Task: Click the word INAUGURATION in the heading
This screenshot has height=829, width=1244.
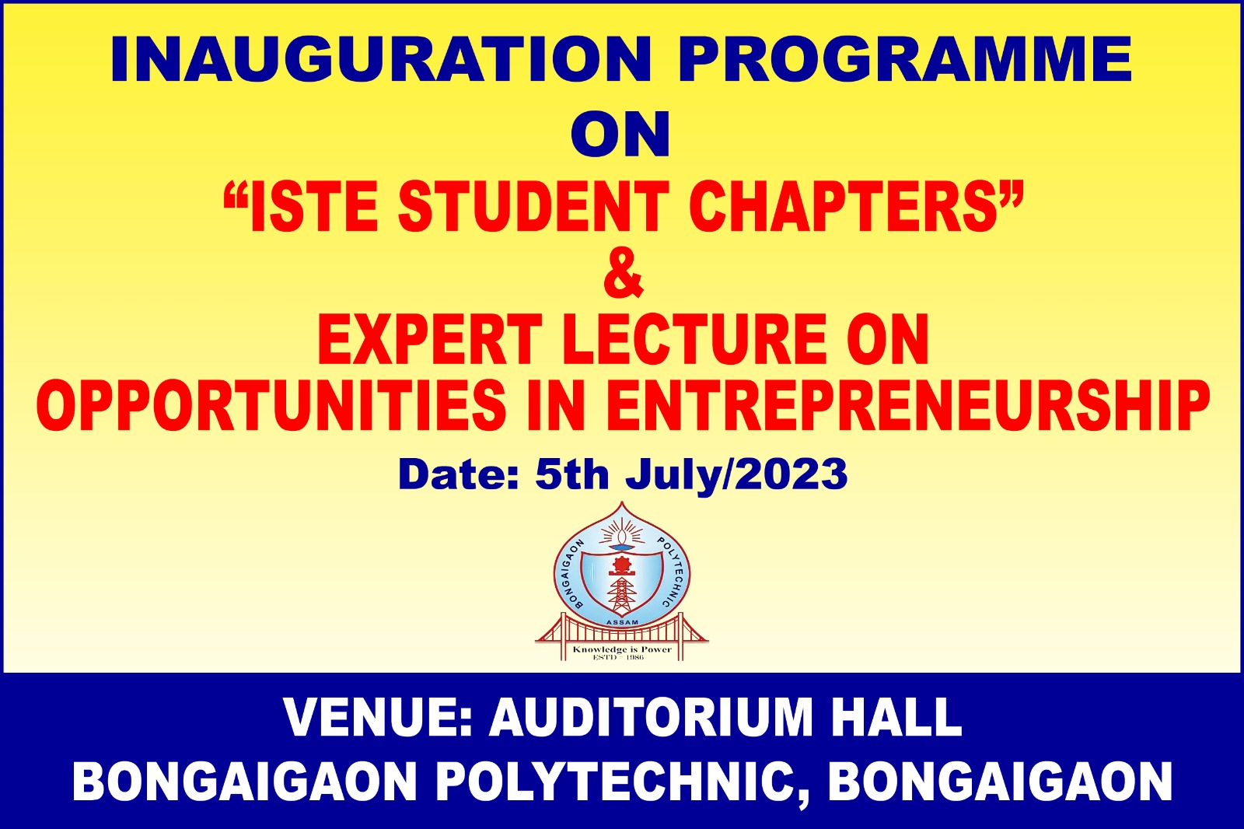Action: tap(381, 59)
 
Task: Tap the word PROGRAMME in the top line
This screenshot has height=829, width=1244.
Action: tap(904, 59)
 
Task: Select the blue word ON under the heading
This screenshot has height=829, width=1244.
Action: tap(621, 135)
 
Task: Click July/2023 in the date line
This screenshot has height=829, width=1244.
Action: tap(737, 476)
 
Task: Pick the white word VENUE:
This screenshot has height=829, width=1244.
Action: tap(378, 718)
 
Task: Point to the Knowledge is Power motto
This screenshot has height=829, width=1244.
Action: tap(622, 649)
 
